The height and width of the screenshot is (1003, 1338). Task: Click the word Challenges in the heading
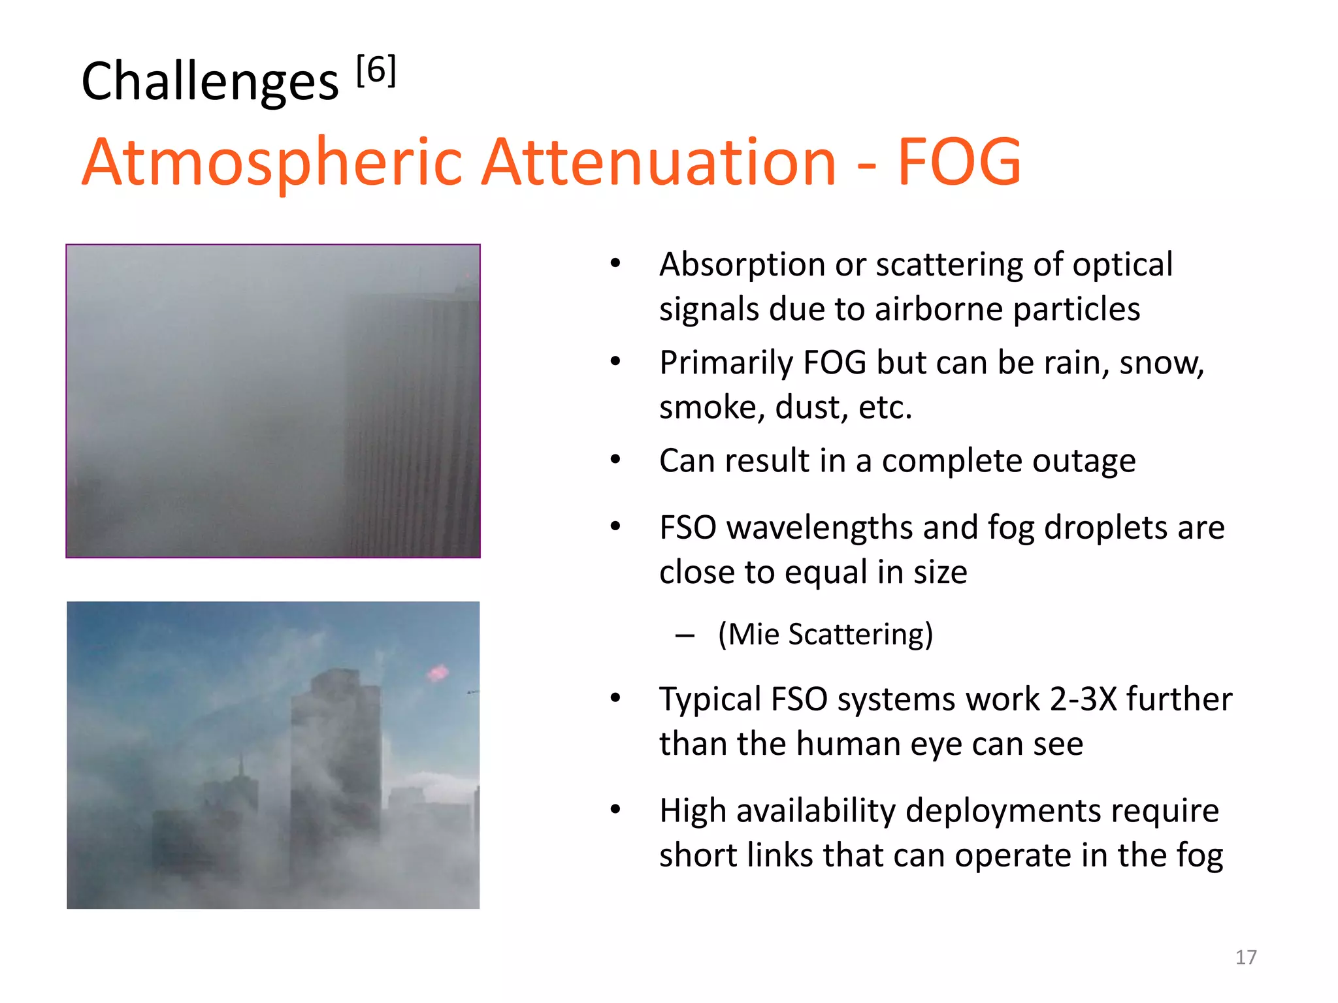(210, 82)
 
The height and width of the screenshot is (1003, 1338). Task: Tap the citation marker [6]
(376, 70)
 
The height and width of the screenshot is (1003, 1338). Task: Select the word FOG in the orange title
(959, 161)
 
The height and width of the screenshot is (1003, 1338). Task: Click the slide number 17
(1246, 957)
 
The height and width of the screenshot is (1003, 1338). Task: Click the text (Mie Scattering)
(825, 634)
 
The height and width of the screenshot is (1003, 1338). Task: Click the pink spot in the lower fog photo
(437, 672)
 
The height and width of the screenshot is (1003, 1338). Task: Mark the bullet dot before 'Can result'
(615, 460)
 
